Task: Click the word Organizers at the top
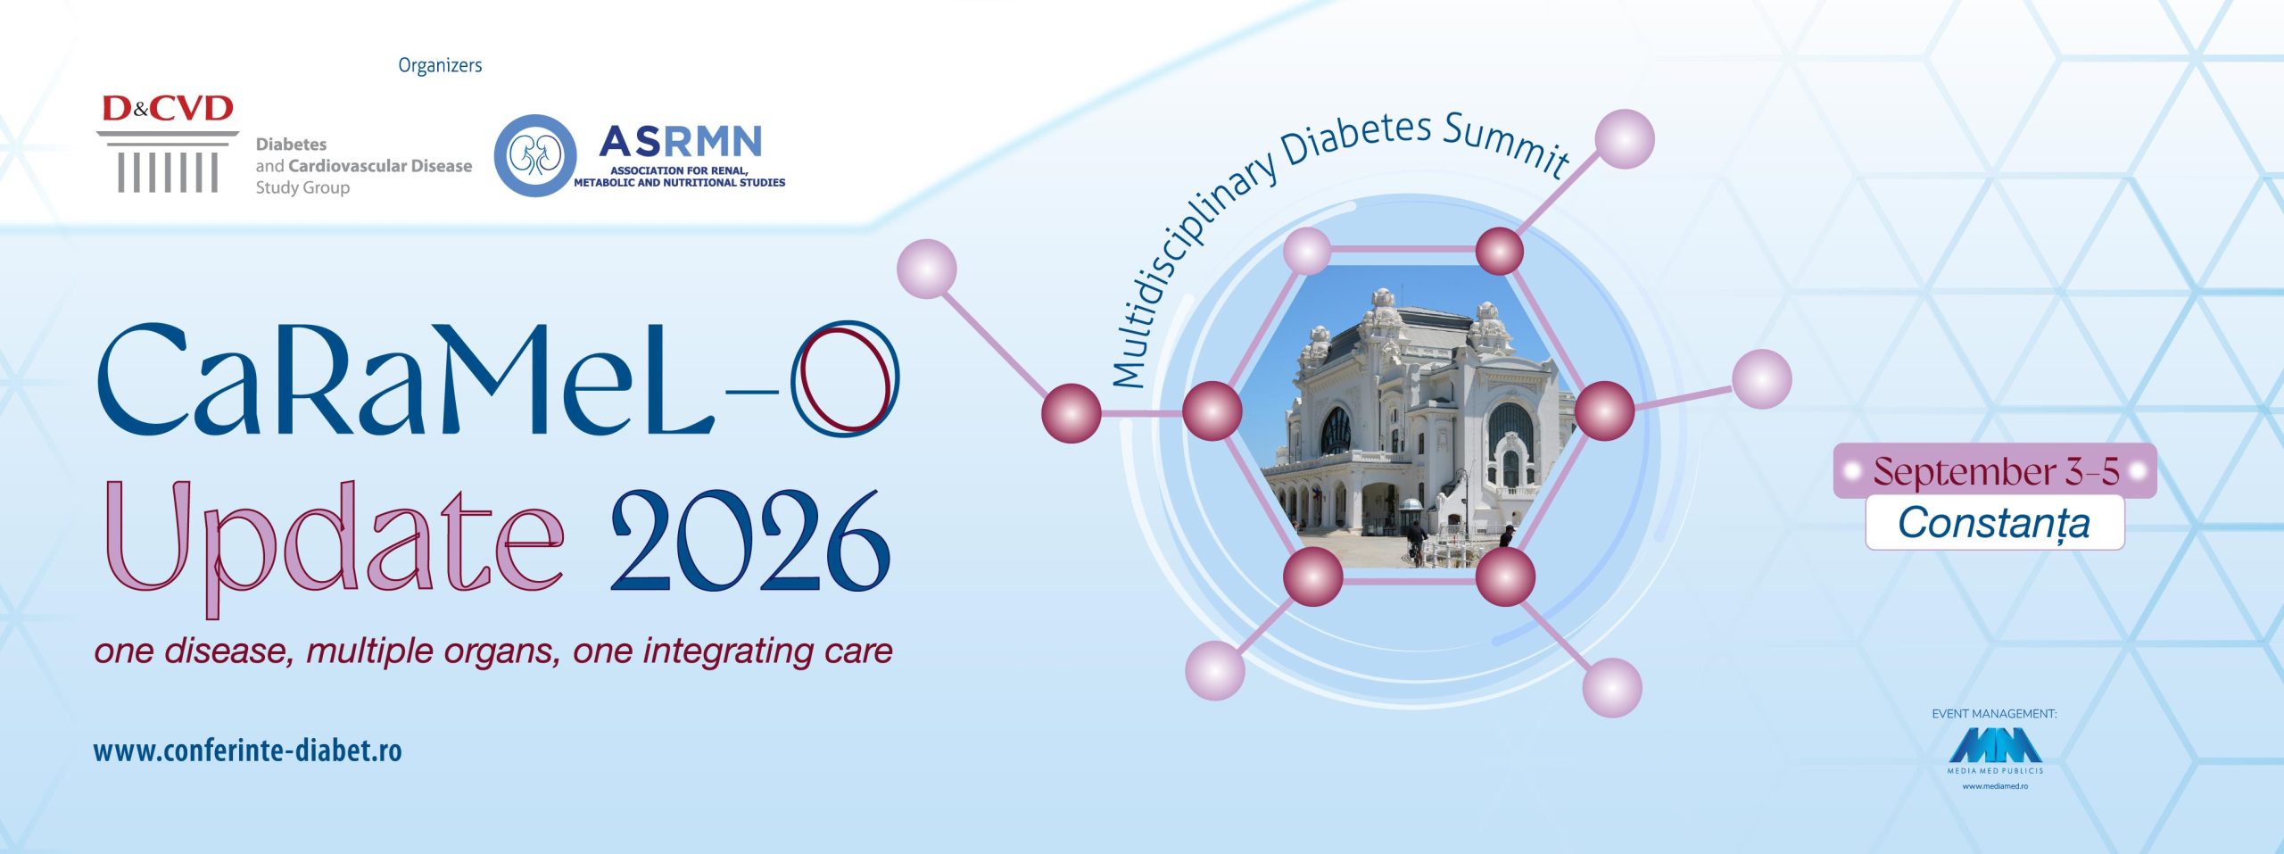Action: pyautogui.click(x=440, y=66)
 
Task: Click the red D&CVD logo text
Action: pyautogui.click(x=168, y=109)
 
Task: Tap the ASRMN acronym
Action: pyautogui.click(x=681, y=141)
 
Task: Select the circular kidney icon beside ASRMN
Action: pyautogui.click(x=534, y=155)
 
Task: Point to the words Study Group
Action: pyautogui.click(x=302, y=187)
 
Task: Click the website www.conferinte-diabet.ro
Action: pyautogui.click(x=247, y=750)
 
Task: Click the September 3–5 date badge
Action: pyautogui.click(x=1995, y=471)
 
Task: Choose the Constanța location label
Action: pyautogui.click(x=1995, y=523)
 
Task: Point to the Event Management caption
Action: pyautogui.click(x=1994, y=714)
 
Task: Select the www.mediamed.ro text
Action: pyautogui.click(x=1995, y=786)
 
